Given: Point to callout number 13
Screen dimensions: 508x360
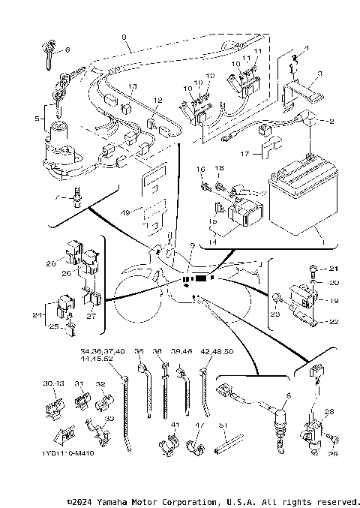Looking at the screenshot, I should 132,88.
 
